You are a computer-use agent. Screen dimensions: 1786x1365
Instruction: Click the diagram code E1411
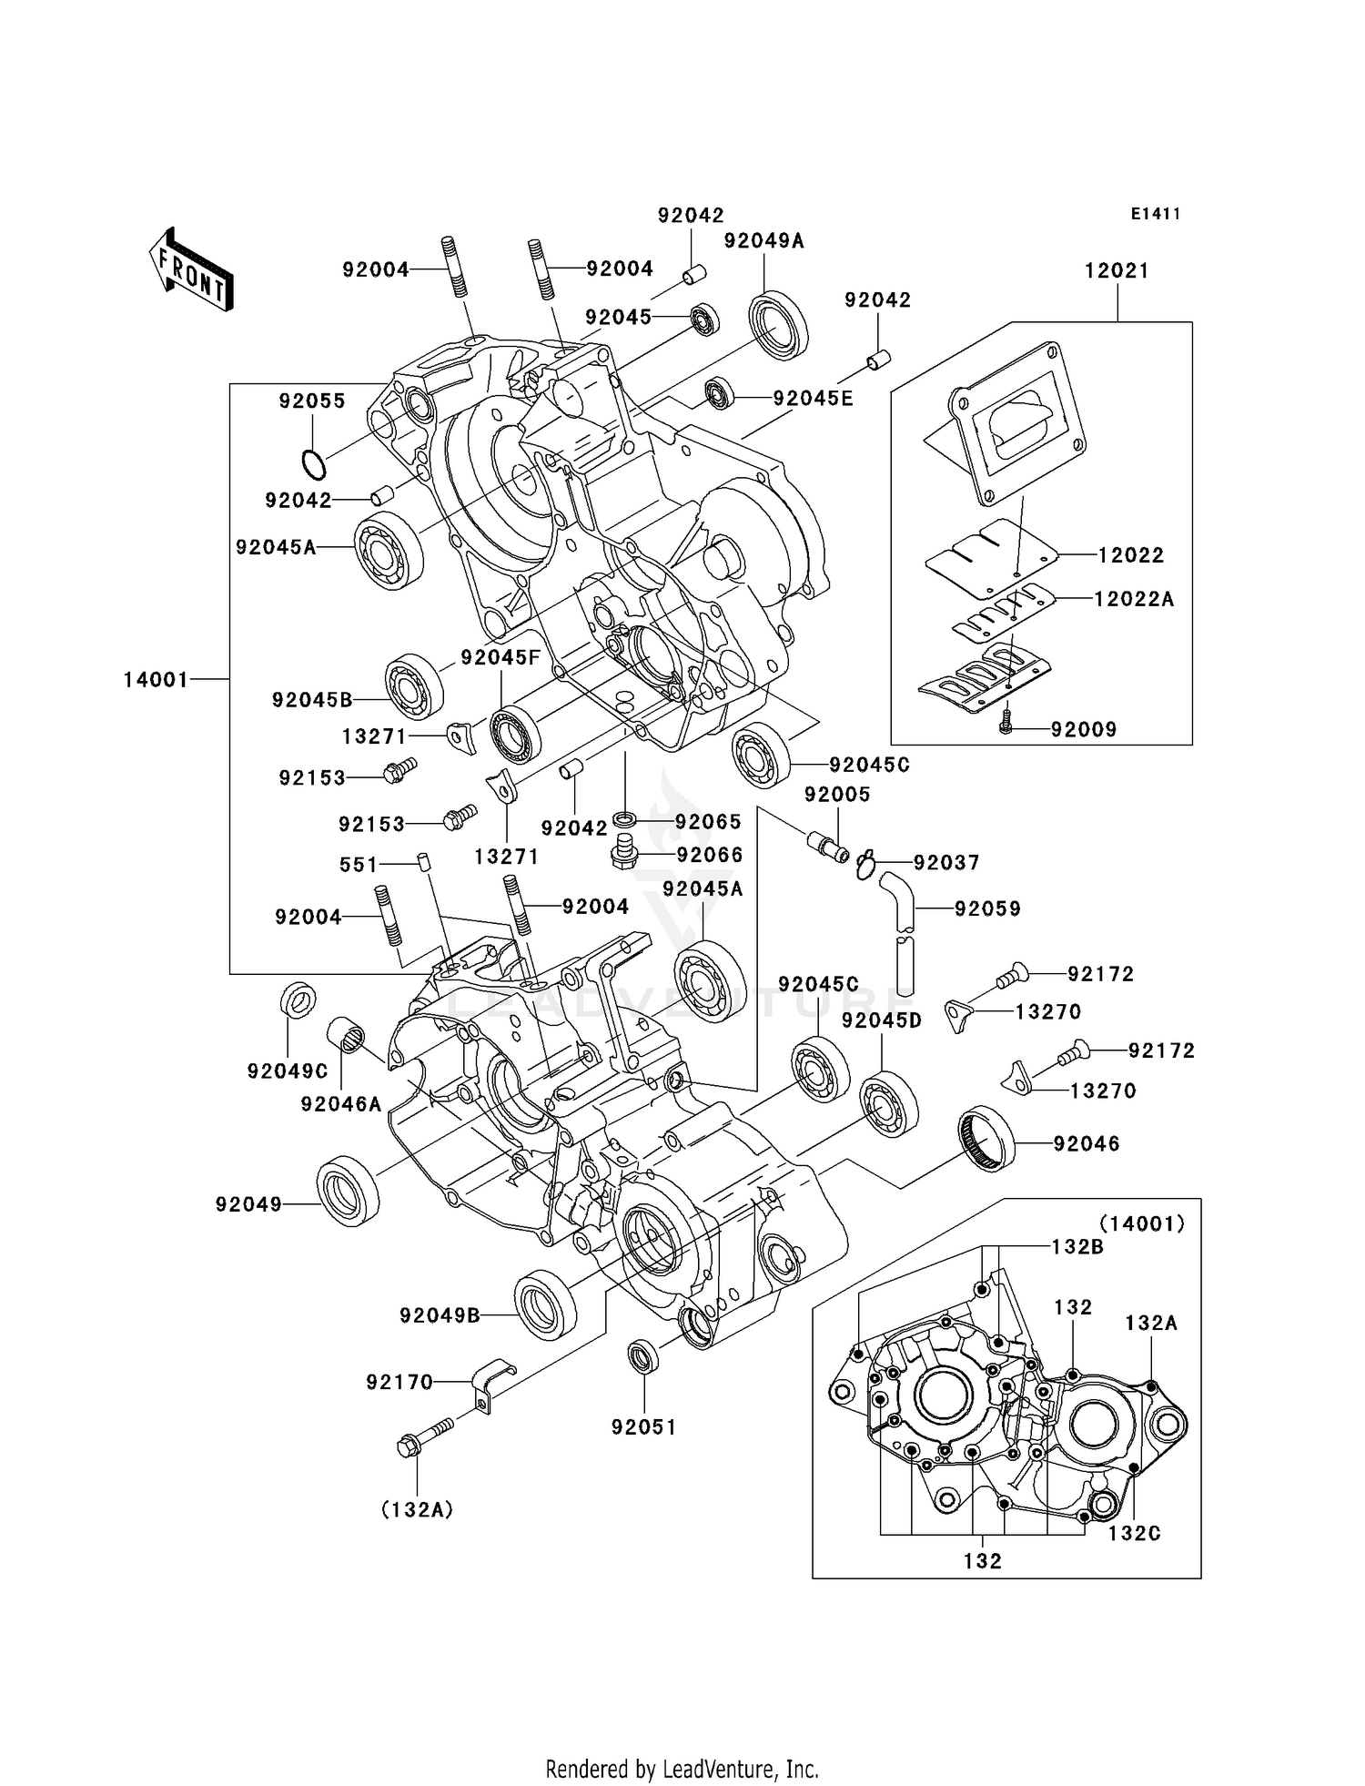[x=1155, y=214]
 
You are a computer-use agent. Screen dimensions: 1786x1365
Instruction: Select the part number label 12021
[x=1117, y=270]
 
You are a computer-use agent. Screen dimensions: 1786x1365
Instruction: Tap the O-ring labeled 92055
[x=314, y=464]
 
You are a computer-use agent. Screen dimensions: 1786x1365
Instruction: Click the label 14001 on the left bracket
[x=156, y=679]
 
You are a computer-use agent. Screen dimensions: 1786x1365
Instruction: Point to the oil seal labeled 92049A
[x=778, y=323]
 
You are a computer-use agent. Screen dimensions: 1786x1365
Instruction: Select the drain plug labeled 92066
[x=623, y=854]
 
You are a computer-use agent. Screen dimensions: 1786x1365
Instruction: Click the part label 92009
[x=1083, y=729]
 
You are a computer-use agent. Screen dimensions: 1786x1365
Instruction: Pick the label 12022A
[x=1133, y=599]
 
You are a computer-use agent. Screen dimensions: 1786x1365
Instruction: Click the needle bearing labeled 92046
[x=986, y=1138]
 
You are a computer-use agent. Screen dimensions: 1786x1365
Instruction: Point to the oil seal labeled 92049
[x=348, y=1189]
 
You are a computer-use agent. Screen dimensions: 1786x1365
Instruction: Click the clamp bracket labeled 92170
[x=492, y=1385]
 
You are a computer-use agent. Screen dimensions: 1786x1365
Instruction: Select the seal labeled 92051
[x=644, y=1357]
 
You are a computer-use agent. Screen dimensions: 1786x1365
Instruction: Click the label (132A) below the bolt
[x=417, y=1510]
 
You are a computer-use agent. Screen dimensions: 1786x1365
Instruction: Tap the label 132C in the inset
[x=1134, y=1533]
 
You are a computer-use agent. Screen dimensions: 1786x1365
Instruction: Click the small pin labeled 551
[x=423, y=861]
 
